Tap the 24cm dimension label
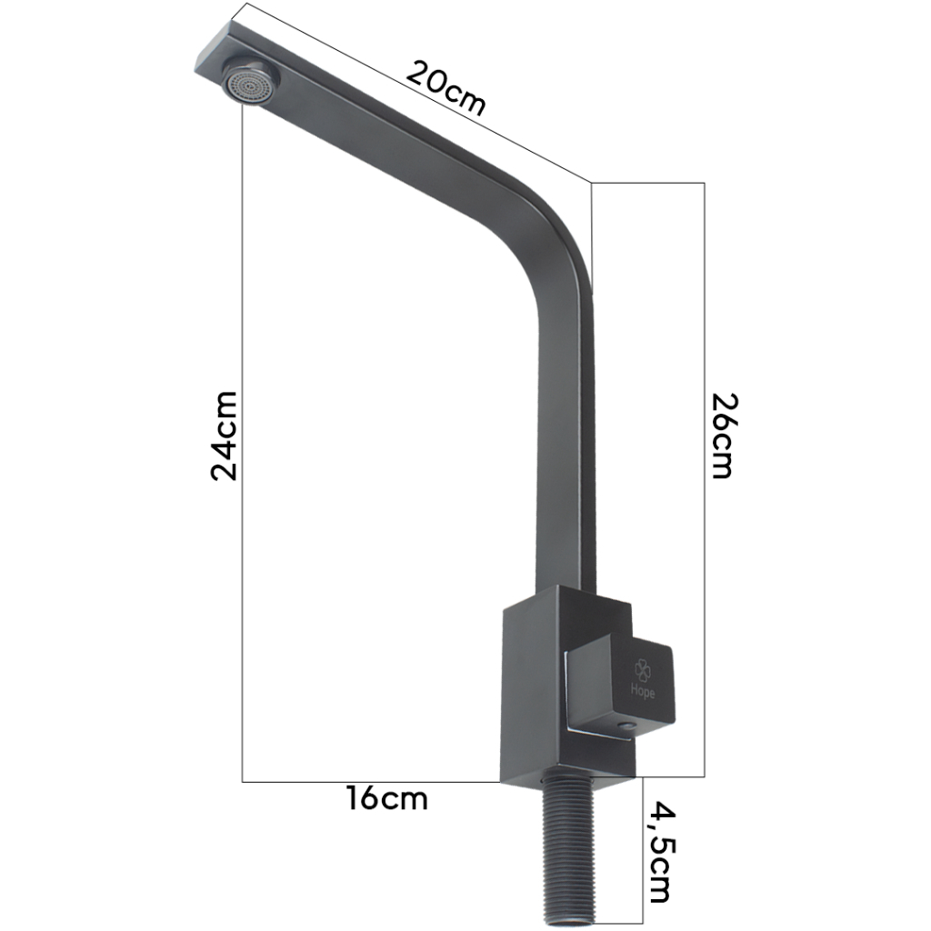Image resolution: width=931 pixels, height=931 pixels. tap(225, 435)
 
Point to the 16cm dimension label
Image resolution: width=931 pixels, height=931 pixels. tap(387, 798)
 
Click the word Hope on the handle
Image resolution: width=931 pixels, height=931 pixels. tap(644, 691)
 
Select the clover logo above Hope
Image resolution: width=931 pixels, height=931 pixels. tap(643, 670)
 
